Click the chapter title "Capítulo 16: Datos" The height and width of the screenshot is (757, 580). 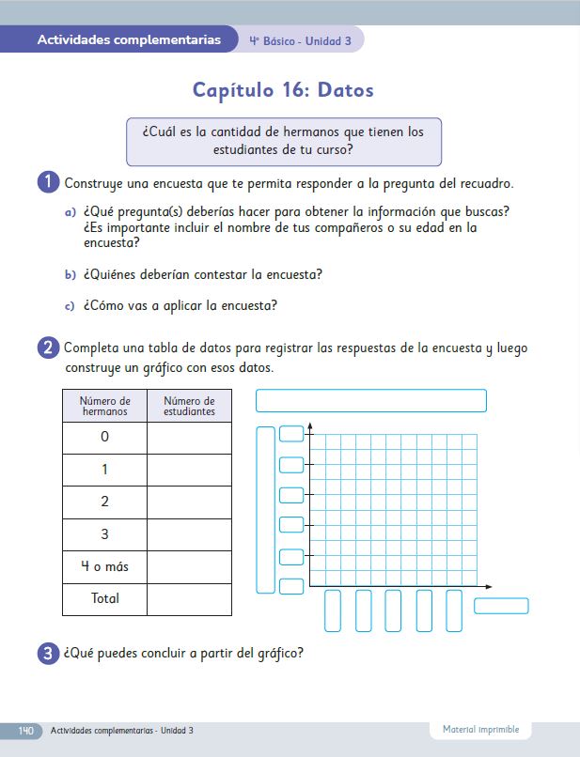283,90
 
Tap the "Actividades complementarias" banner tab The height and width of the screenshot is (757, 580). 130,40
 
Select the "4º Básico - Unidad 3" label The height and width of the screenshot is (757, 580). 301,41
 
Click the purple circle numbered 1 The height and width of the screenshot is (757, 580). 50,182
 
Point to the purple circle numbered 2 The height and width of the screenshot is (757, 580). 50,348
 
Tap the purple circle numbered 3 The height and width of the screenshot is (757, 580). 50,655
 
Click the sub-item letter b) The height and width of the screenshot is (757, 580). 70,275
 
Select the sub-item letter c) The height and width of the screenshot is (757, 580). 70,306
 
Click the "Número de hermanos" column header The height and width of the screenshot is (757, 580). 104,406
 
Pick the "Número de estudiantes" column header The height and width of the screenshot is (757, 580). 189,406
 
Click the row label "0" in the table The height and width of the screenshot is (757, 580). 104,438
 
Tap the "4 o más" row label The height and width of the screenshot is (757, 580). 104,566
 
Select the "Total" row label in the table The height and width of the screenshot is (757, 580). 104,598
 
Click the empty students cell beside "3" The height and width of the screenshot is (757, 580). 189,534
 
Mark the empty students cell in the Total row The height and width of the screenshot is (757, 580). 189,598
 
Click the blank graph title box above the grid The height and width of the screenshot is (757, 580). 370,401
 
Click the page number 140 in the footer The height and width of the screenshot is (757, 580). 25,731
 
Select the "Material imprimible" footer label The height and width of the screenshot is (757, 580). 481,730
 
